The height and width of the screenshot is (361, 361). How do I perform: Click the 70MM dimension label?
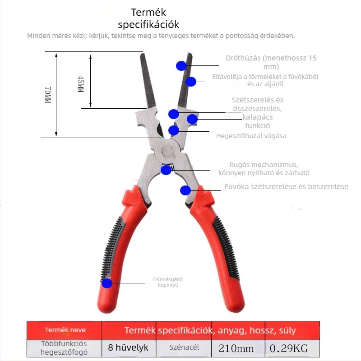48,95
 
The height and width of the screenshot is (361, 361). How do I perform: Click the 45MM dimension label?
80,84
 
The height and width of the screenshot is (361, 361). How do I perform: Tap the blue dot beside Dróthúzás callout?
181,66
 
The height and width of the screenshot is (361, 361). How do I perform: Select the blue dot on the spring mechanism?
166,170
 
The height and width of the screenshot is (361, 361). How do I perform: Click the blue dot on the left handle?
107,283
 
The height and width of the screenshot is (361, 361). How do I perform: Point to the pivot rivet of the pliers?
167,151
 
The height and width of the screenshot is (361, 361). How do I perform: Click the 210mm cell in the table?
236,348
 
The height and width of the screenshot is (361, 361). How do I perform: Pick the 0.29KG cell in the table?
289,348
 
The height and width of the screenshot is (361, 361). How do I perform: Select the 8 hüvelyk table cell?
128,347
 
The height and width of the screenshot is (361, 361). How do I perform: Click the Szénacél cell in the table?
184,347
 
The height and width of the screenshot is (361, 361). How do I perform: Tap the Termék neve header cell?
65,330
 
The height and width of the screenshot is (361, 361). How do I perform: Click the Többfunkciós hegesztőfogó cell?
64,348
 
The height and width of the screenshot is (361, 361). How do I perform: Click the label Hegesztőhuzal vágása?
251,136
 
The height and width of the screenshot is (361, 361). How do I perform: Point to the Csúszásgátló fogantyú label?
168,282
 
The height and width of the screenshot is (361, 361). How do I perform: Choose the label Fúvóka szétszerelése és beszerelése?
287,186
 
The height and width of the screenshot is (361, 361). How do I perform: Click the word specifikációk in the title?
148,25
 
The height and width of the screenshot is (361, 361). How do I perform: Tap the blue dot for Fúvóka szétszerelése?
185,190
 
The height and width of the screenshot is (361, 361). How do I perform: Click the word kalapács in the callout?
258,117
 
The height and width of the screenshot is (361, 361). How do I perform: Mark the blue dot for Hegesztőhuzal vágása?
174,130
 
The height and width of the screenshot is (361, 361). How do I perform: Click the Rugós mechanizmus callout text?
264,169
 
